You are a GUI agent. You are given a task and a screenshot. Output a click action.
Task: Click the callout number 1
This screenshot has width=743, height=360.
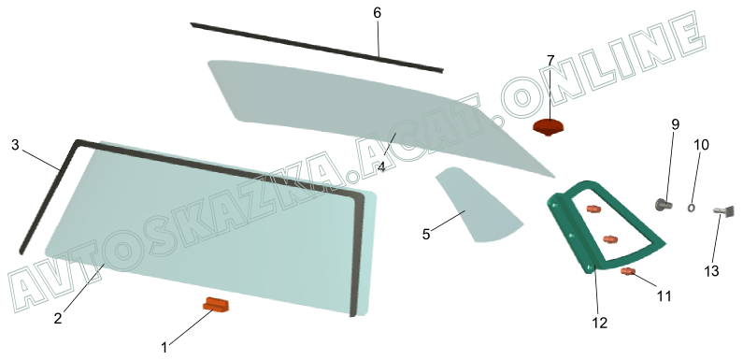point(164,348)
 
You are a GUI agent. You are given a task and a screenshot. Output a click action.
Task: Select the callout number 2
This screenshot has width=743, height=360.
point(58,319)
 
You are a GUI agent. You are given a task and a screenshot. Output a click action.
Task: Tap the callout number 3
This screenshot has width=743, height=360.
point(15,145)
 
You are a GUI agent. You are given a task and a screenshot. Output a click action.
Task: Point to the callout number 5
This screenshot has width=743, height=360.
point(426,235)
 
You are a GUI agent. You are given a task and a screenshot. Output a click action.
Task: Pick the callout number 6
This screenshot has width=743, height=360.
point(378,13)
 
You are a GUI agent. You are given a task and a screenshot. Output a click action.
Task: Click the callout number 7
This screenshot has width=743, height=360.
point(550,61)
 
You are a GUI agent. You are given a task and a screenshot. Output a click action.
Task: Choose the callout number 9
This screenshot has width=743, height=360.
point(675,124)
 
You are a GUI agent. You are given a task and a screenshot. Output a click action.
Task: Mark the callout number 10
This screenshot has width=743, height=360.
point(701,145)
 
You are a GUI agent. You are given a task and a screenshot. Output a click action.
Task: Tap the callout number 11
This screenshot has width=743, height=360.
point(664,296)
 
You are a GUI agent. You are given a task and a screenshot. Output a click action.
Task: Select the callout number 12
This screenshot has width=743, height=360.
point(599,323)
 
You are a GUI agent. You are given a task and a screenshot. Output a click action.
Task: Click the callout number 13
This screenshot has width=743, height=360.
point(712,271)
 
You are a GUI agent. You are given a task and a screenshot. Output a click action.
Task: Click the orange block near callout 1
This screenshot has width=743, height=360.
point(216,305)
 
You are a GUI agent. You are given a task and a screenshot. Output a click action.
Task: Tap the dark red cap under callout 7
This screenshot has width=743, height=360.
point(549,127)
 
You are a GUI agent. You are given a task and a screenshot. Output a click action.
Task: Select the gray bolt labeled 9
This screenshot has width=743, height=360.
point(664,205)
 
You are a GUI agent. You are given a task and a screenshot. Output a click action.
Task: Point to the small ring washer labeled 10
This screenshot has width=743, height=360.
point(692,208)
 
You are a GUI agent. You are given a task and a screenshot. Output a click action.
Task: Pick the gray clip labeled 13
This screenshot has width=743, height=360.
point(724,210)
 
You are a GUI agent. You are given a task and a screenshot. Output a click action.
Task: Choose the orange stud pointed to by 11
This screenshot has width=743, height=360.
point(628,271)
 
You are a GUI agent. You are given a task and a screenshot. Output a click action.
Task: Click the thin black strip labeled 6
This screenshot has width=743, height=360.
point(317,48)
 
